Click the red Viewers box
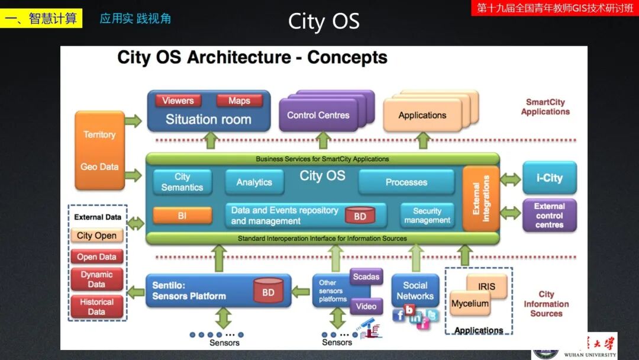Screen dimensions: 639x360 (x=178, y=101)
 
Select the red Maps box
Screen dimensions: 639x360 (x=239, y=101)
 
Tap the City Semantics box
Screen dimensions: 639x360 (x=182, y=182)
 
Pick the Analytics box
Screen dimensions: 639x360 (x=254, y=182)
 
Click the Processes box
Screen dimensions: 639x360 (x=406, y=182)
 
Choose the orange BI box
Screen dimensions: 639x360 (x=182, y=216)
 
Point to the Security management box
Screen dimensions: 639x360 (x=427, y=216)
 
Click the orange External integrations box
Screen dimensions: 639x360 (x=481, y=198)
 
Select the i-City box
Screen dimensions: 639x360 (x=549, y=178)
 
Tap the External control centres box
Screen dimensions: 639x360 (x=549, y=216)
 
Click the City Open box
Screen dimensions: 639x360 (x=96, y=236)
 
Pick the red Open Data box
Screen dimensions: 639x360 (x=96, y=257)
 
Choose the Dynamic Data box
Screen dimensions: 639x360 (x=96, y=279)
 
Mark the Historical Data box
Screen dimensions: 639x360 (x=96, y=307)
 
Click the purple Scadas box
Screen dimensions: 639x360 (x=366, y=277)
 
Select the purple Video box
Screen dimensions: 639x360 (x=366, y=306)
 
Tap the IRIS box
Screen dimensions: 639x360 (x=487, y=286)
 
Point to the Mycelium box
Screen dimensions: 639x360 (x=470, y=304)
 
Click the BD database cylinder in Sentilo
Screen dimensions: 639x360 (x=268, y=291)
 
